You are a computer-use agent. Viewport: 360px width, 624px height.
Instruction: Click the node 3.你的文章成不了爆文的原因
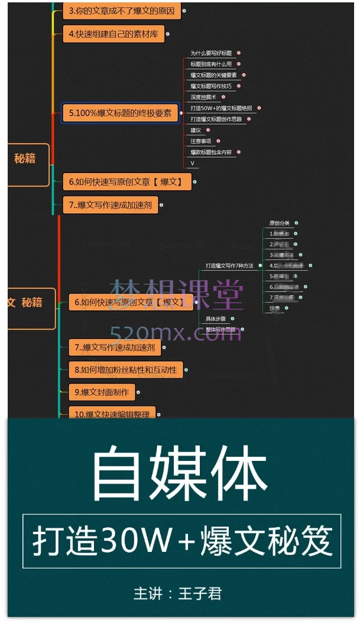122,11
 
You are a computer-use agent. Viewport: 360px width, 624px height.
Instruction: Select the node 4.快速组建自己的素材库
113,34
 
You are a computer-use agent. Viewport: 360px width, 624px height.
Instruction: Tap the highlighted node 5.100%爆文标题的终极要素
120,112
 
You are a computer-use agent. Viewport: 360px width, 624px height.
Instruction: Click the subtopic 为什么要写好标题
211,53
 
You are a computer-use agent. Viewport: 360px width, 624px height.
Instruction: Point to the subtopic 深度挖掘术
203,97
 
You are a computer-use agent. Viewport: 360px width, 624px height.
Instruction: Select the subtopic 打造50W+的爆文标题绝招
221,108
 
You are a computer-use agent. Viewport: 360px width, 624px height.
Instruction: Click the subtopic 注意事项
201,141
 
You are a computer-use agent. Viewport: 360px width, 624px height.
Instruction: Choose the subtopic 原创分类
280,223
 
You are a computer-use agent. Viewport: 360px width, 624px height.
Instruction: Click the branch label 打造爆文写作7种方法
229,266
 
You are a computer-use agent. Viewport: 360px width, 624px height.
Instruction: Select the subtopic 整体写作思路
220,329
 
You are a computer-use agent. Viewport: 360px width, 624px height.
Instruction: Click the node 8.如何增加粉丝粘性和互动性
126,370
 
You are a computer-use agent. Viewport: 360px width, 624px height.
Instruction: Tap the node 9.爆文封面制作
102,391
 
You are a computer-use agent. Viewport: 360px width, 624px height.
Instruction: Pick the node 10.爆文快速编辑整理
112,414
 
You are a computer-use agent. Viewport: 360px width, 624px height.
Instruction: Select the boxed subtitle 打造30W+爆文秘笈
182,541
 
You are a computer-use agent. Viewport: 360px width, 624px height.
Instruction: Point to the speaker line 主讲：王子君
178,593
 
